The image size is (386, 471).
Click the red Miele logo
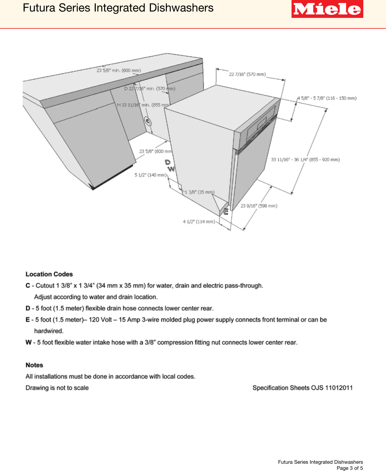tap(327, 9)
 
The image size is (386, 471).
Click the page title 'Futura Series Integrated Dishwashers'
tap(118, 8)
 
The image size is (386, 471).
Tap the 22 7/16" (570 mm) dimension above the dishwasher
tap(247, 74)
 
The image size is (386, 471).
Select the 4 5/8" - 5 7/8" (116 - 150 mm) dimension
tap(327, 98)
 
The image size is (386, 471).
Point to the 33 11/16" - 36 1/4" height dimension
tap(305, 160)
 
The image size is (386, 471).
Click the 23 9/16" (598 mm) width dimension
tap(259, 206)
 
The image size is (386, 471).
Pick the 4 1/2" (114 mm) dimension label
tap(199, 222)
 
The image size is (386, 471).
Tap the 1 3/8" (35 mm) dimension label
tap(200, 192)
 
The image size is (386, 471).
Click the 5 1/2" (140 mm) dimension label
tap(150, 175)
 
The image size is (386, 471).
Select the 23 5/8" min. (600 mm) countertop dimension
tap(119, 70)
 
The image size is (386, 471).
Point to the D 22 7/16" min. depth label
tap(150, 88)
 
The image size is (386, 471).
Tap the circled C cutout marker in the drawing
tap(148, 121)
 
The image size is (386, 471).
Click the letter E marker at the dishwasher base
tap(226, 211)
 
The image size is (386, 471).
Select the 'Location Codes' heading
tap(49, 274)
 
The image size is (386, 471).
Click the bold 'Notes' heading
tap(34, 365)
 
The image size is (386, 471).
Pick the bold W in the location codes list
tap(28, 342)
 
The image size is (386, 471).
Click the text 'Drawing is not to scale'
tap(57, 388)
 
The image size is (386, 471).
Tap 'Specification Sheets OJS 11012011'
tap(302, 388)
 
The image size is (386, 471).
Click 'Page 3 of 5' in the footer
tap(350, 468)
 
